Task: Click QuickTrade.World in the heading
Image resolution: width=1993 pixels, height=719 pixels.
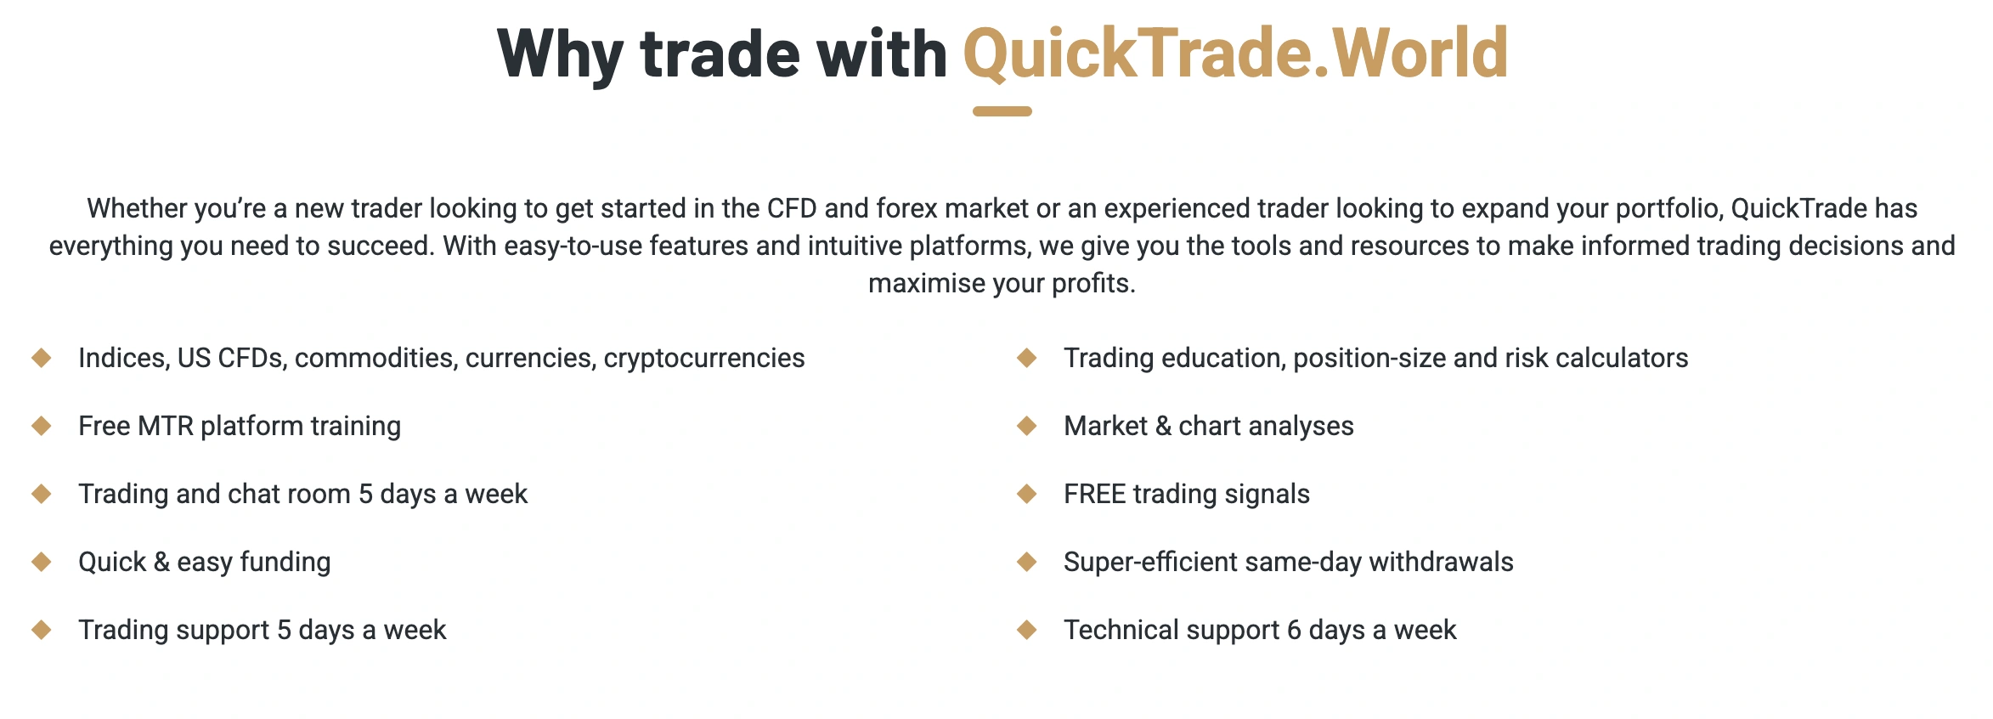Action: (1235, 53)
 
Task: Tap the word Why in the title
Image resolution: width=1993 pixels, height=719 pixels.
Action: (561, 54)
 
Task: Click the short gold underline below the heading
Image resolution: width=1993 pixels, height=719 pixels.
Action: (1002, 111)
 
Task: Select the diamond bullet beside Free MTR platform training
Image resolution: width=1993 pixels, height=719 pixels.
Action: (42, 426)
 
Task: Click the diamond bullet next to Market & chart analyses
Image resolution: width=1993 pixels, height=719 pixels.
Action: (1027, 426)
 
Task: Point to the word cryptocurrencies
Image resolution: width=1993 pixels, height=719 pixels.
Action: (704, 359)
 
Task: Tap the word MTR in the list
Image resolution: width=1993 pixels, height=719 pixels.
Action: (166, 426)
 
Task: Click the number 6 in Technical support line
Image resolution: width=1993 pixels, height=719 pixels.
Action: (1294, 630)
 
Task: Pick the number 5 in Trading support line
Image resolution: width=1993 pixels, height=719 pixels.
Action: (284, 630)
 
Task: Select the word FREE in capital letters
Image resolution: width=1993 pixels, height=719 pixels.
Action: (1095, 494)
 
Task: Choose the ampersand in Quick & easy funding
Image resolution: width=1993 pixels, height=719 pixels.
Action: (162, 562)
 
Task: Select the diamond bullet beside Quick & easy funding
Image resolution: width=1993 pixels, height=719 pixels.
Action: (42, 562)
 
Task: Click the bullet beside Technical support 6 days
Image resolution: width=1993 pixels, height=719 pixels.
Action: (1027, 630)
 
